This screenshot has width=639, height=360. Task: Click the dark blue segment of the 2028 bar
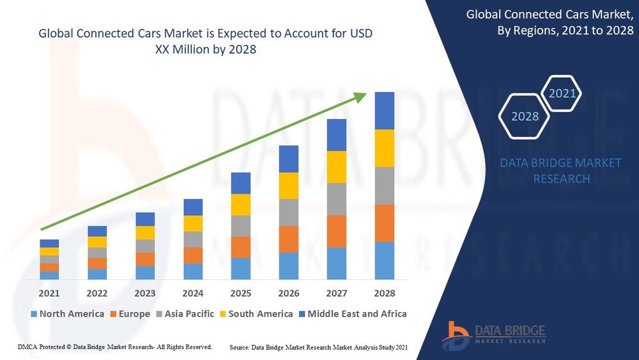(384, 111)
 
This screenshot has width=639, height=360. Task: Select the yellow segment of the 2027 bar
(336, 167)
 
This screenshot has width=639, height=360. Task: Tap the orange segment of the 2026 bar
(288, 239)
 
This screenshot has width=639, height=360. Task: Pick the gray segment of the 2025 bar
(240, 226)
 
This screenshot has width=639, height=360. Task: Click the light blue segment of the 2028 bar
(384, 260)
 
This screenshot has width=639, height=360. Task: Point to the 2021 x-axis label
(49, 293)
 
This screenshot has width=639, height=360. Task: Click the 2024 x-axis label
(193, 293)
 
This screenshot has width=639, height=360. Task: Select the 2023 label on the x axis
(145, 293)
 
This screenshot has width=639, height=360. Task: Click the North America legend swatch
(33, 314)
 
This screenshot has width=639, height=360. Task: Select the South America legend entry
(255, 314)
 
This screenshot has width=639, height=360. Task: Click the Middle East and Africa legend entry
(351, 314)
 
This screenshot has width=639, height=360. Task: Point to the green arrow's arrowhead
(360, 97)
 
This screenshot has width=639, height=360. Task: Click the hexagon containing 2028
(525, 116)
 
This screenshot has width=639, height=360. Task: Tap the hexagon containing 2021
(562, 94)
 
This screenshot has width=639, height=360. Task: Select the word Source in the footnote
(240, 347)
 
